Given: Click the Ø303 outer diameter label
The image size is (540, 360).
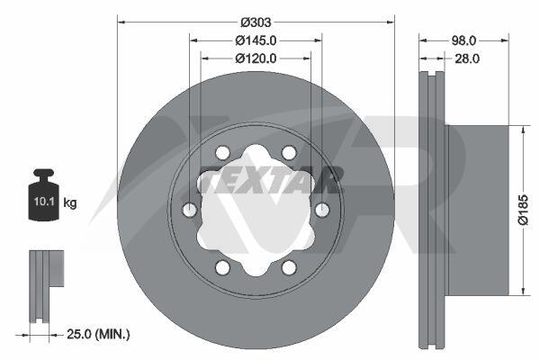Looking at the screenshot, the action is point(256,22).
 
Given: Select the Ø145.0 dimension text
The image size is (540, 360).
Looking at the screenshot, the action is point(256,40).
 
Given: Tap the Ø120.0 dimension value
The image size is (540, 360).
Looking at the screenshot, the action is point(256,58).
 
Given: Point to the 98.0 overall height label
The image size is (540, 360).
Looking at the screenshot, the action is point(463,40).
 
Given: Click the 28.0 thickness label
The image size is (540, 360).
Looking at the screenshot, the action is point(467,58).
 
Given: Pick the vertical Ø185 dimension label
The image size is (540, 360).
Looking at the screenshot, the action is point(523,210).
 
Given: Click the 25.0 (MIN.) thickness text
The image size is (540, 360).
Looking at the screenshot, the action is point(98,334).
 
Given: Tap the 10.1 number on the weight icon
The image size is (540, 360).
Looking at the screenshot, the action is point(44,202).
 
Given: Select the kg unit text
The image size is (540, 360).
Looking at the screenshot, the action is point(70,202).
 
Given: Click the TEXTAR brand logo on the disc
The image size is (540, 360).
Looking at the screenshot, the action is point(271,180).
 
